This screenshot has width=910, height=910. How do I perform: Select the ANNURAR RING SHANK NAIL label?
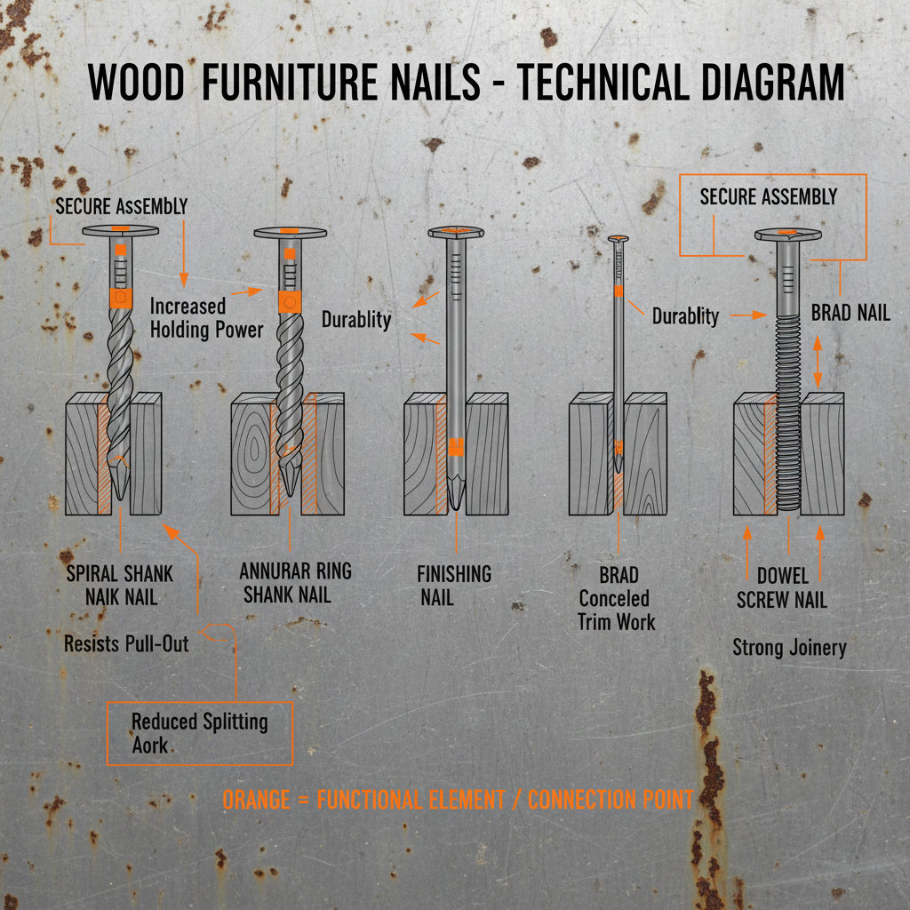point(295,582)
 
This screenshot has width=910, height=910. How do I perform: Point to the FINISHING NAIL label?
point(453,586)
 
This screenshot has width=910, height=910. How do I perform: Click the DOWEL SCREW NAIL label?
point(782,588)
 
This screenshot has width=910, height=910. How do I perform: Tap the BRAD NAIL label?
point(850,313)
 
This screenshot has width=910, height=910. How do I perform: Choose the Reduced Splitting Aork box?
point(199,732)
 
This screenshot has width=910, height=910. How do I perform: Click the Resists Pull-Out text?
point(126,643)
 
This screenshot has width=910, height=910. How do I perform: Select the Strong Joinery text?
point(789,647)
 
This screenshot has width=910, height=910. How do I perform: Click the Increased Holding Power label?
point(206,318)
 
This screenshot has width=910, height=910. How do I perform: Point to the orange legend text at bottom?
point(457,799)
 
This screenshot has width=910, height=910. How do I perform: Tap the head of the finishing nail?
point(456,233)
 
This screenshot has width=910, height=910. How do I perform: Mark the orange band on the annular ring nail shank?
point(290,301)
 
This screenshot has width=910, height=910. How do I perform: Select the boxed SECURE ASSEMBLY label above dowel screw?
point(768,196)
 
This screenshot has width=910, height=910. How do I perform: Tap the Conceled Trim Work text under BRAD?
point(615,610)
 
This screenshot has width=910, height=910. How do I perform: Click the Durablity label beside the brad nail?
point(685,315)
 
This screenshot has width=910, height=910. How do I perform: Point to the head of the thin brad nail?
point(619,238)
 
